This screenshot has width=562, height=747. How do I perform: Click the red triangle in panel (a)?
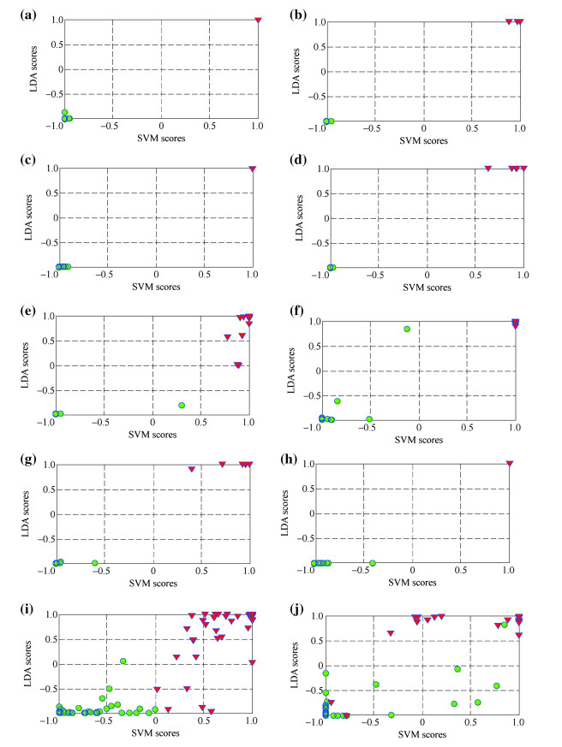(258, 20)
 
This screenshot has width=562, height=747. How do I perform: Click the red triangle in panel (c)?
(252, 169)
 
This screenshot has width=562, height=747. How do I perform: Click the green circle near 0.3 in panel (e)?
(182, 405)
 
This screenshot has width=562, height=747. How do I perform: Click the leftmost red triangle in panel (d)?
(488, 169)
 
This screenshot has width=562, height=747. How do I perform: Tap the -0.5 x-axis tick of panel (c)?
(107, 276)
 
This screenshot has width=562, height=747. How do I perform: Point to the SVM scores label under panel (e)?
(152, 436)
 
